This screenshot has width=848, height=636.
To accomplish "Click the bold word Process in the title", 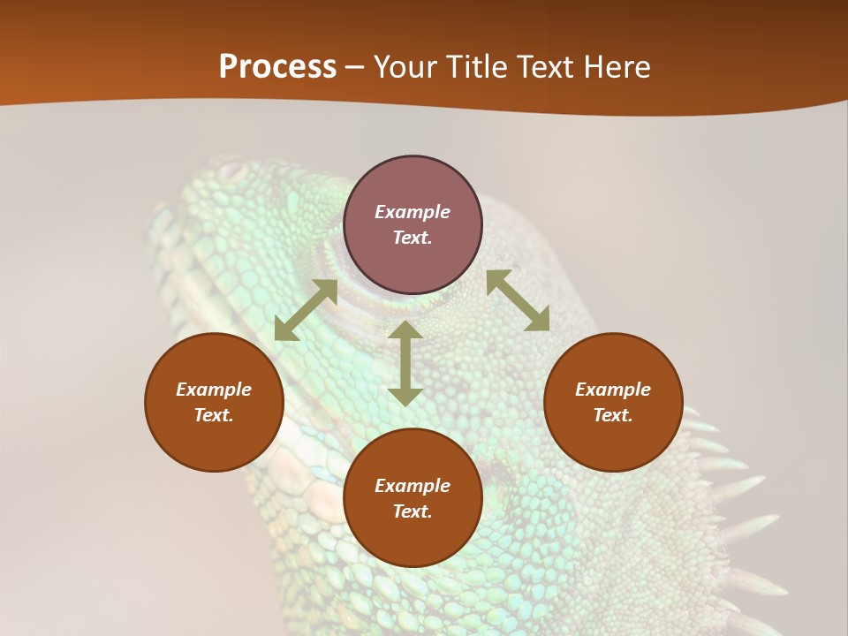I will tap(277, 67).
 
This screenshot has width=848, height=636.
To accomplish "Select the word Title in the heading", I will tap(474, 67).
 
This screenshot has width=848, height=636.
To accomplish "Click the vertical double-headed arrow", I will tap(405, 363).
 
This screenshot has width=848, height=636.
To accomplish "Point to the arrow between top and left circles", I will tap(306, 310).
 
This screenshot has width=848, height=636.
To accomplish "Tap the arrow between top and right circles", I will tap(518, 300).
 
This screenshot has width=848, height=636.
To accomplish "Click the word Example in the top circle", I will tap(413, 212).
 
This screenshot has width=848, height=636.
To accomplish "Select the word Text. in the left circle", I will tap(214, 415).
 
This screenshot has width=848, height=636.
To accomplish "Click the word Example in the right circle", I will tap(613, 390).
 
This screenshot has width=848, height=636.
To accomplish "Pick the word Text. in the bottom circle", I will tap(413, 511).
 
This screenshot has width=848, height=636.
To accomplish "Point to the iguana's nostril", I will tap(232, 168).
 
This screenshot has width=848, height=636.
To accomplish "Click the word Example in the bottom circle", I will tap(413, 486).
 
